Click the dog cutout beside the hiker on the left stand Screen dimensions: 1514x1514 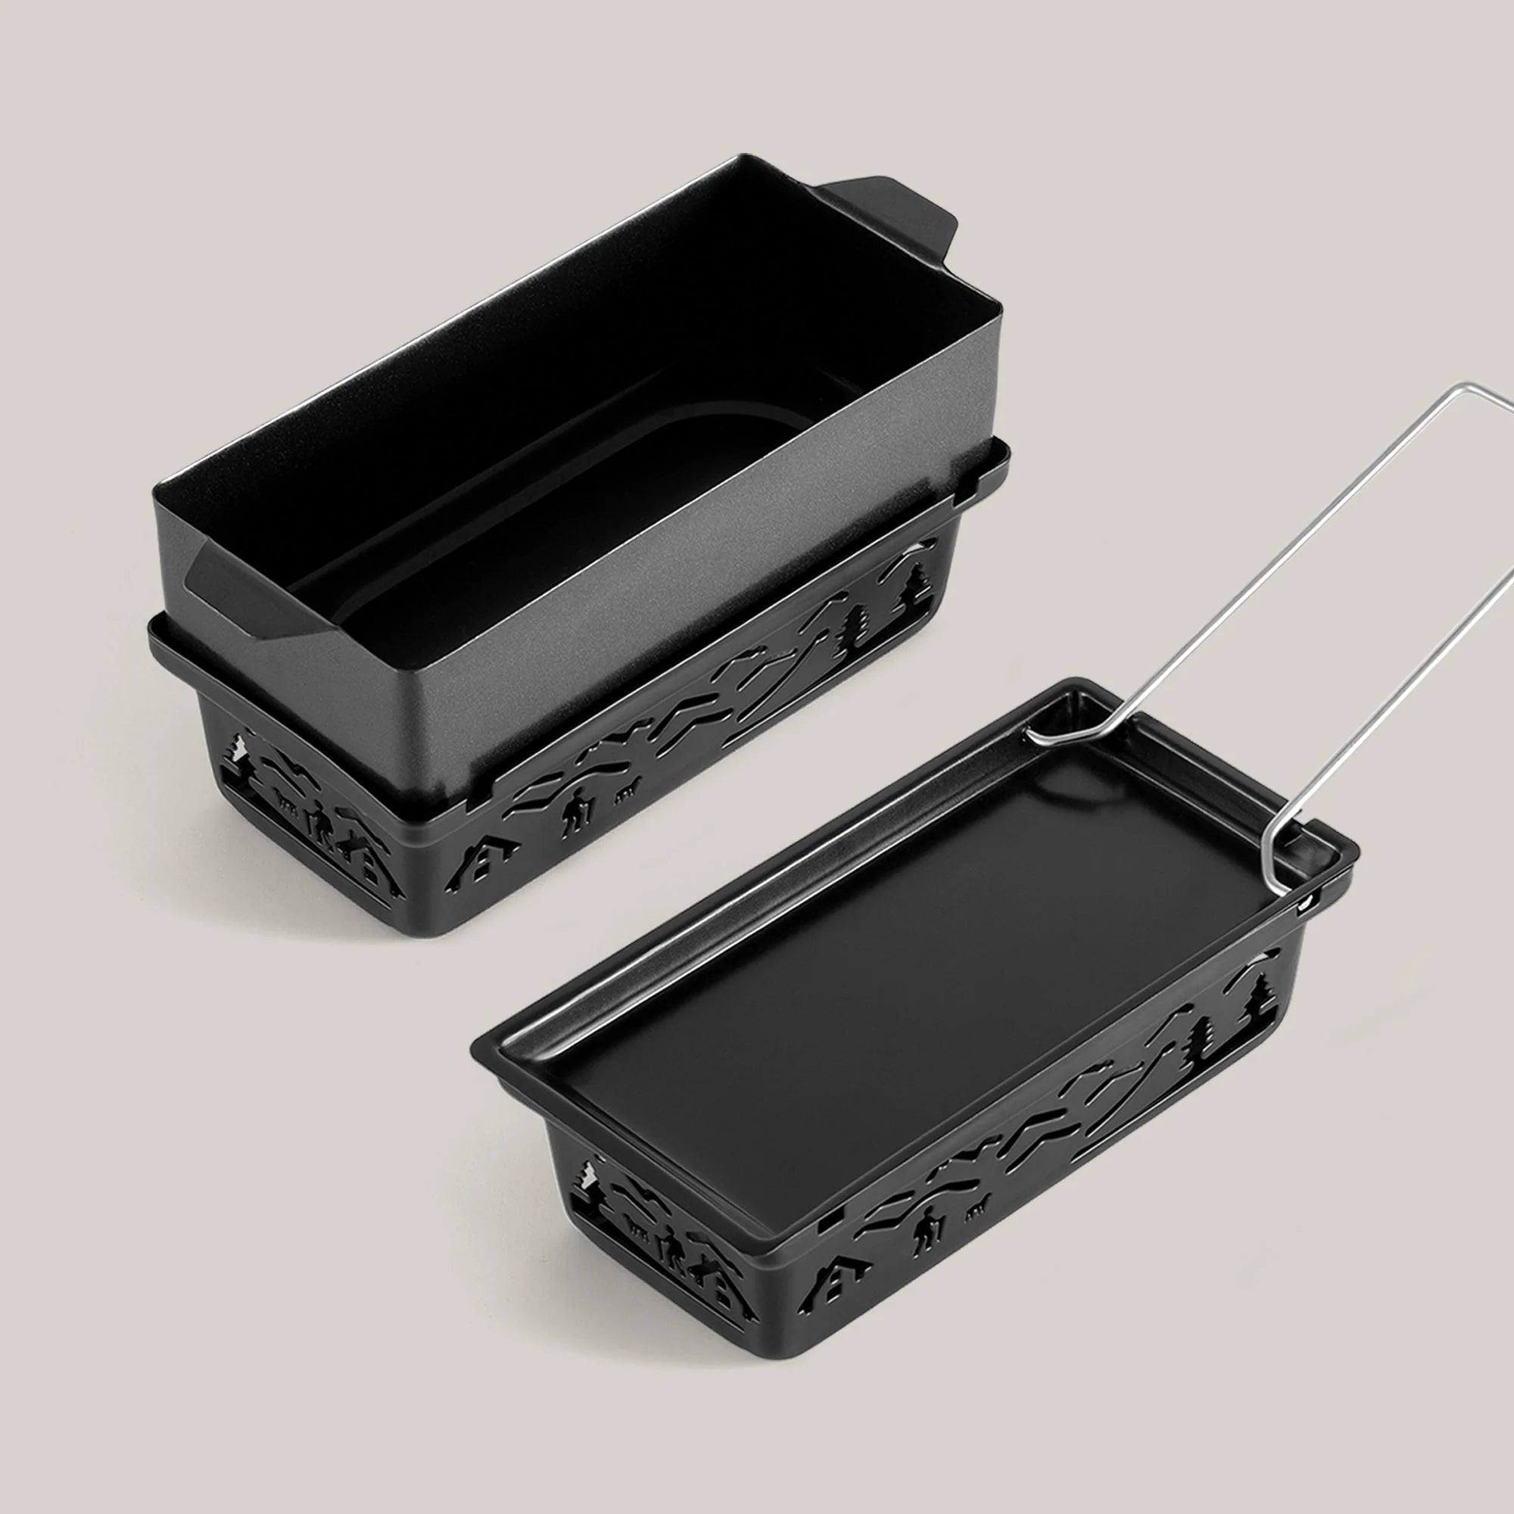628,796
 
